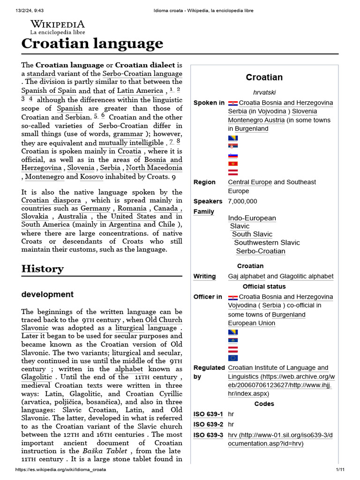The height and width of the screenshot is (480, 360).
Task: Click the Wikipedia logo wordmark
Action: [x=58, y=24]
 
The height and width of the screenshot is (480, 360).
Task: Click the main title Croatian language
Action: [x=92, y=44]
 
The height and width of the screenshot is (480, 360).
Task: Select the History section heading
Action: [x=42, y=269]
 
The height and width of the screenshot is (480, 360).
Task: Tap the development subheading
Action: [x=47, y=294]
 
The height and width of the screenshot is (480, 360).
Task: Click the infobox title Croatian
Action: [x=264, y=77]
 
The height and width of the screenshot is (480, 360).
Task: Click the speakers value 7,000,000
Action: [x=242, y=201]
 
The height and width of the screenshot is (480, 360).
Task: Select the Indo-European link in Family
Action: [x=252, y=218]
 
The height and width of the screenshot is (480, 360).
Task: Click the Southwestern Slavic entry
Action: [x=267, y=242]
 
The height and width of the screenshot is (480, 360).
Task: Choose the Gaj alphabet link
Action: [x=246, y=277]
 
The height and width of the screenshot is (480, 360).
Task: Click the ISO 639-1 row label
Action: [x=208, y=414]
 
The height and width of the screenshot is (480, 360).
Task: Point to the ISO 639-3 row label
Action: [x=208, y=435]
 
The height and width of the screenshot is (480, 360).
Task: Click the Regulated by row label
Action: [x=209, y=372]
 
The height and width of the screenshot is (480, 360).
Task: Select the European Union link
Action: [x=251, y=323]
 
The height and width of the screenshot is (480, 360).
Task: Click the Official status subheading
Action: [x=264, y=286]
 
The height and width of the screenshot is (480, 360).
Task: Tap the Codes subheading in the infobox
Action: [x=264, y=404]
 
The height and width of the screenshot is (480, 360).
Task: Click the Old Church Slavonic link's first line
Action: [x=164, y=320]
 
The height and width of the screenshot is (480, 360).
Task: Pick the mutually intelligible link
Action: [x=131, y=142]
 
